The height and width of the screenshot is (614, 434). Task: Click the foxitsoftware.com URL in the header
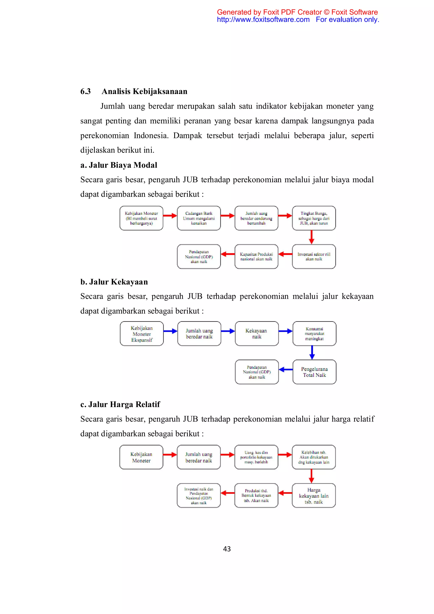click(263, 20)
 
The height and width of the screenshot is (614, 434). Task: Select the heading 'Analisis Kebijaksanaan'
click(144, 91)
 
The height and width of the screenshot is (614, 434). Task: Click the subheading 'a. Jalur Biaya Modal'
click(119, 165)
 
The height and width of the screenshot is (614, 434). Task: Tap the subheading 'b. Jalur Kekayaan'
click(114, 282)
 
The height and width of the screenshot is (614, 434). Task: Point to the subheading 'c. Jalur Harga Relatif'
click(120, 404)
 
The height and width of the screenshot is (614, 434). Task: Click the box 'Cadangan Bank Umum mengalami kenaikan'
click(199, 218)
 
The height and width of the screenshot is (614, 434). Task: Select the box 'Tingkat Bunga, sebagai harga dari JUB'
click(314, 218)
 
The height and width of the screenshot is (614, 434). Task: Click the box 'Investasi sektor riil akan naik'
click(314, 257)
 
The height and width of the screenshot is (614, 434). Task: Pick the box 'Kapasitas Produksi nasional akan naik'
click(256, 257)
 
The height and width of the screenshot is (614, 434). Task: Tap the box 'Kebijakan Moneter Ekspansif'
click(142, 334)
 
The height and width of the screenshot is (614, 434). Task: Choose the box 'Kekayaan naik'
click(257, 334)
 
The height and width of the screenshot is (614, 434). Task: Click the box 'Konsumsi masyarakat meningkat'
click(314, 334)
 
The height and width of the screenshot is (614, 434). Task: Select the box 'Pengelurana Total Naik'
click(314, 372)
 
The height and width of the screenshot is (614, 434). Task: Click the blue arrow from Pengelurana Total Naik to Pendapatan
click(286, 370)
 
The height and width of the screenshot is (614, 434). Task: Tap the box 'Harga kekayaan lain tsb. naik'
click(314, 496)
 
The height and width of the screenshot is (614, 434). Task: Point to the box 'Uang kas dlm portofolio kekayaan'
click(256, 457)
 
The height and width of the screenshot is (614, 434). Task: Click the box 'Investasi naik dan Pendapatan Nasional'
click(199, 496)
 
